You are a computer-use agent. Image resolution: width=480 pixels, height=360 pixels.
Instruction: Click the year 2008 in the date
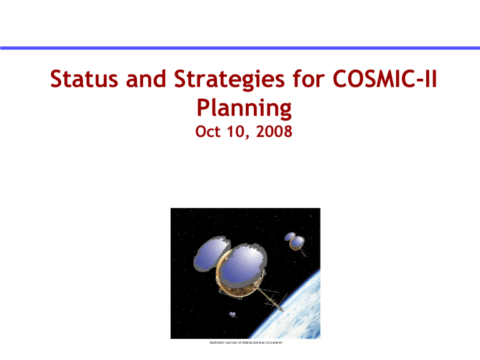pyautogui.click(x=271, y=133)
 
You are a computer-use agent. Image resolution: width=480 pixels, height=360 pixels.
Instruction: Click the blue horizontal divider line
pyautogui.click(x=240, y=47)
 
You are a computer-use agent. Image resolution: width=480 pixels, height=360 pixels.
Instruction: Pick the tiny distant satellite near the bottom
pyautogui.click(x=232, y=314)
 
